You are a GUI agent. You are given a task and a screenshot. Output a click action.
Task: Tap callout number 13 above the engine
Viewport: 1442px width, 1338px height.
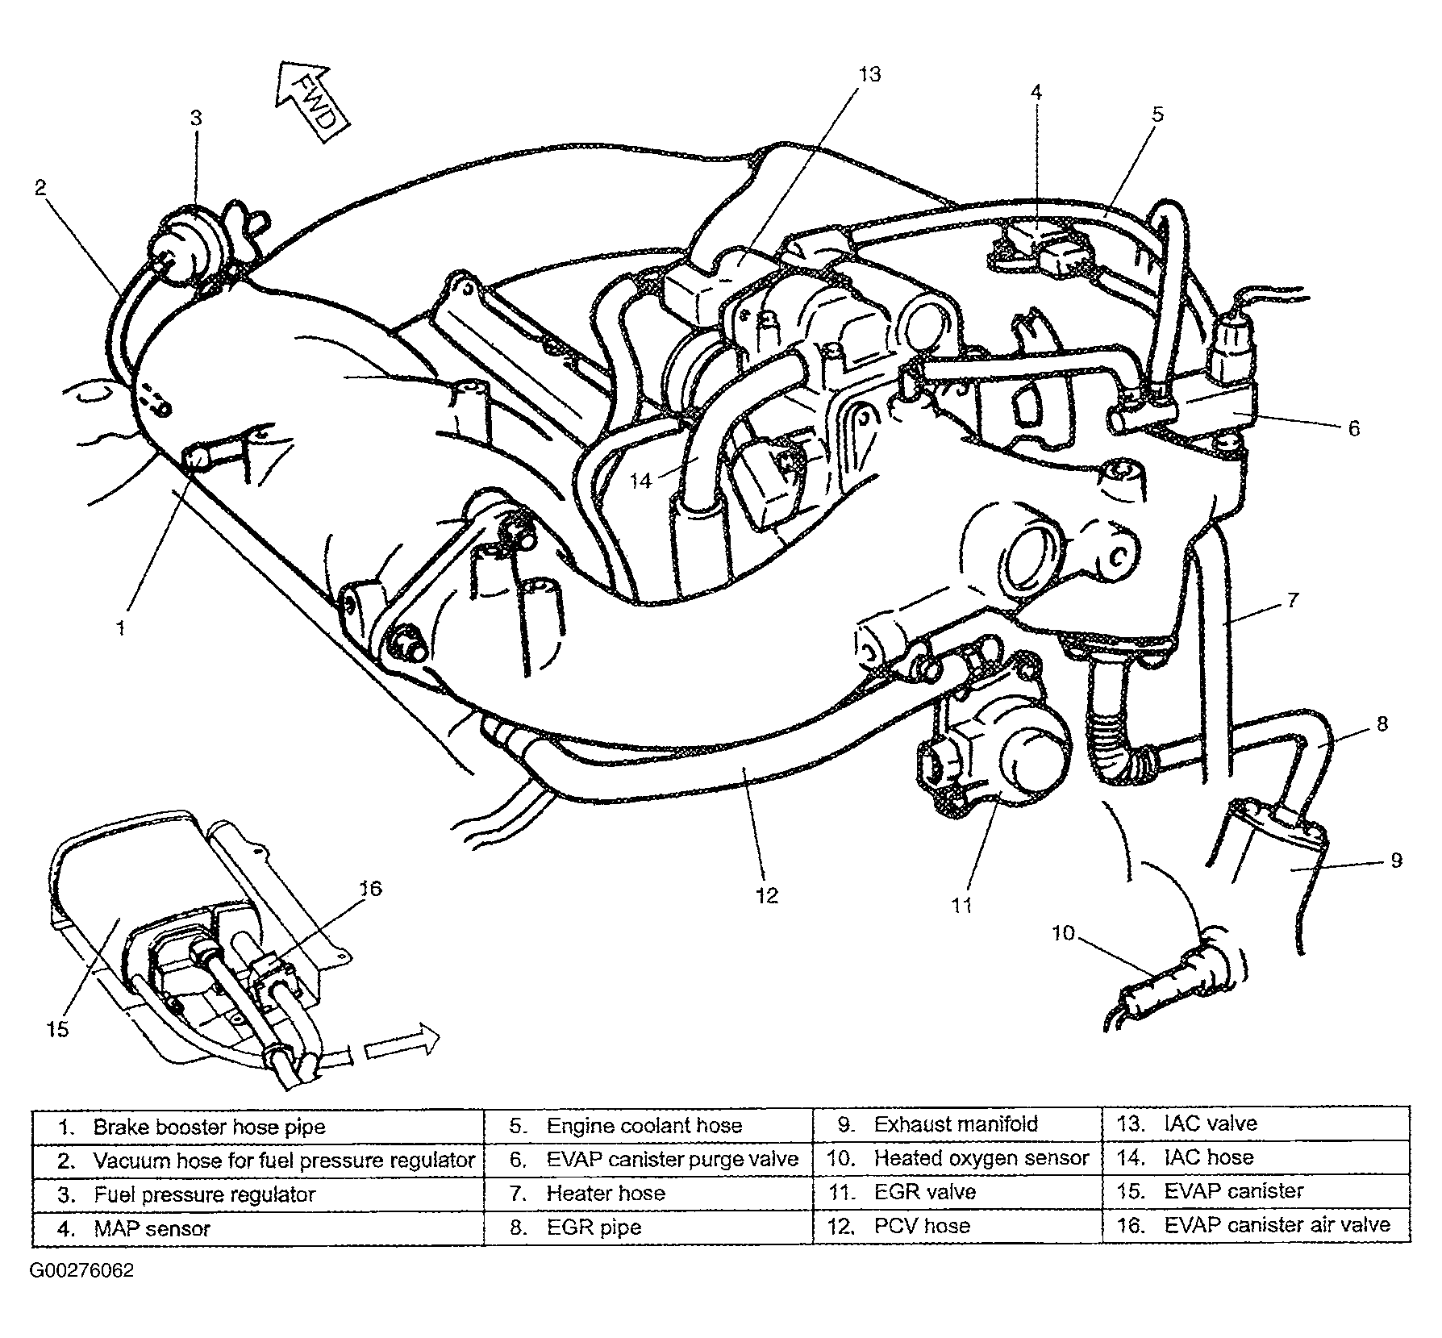pos(869,74)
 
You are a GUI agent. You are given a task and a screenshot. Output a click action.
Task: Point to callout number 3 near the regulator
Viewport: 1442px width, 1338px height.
pos(196,119)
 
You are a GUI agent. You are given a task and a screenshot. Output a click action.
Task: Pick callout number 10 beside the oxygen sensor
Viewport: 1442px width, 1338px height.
pos(1063,933)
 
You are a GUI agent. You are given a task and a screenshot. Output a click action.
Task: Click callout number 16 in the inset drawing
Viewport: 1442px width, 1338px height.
pos(370,889)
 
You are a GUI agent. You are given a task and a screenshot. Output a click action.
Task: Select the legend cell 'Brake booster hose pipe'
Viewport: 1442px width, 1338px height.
pos(258,1127)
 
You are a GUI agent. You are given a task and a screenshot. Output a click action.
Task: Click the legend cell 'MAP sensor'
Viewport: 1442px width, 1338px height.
pos(258,1228)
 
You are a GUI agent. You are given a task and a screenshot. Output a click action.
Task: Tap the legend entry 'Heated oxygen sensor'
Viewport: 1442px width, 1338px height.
pos(957,1158)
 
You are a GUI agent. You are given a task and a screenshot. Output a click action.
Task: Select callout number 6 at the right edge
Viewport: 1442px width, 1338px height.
pos(1354,429)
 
